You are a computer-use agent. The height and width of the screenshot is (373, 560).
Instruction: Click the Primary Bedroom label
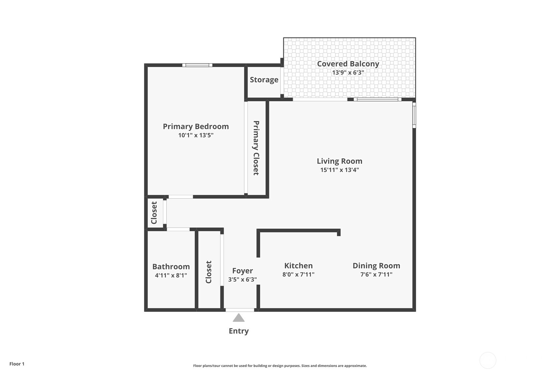point(196,126)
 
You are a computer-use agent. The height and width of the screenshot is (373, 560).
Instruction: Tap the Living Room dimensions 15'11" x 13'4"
point(339,170)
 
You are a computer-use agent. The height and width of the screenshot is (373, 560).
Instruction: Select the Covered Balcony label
point(348,64)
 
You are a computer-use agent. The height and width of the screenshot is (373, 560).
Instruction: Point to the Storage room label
point(264,79)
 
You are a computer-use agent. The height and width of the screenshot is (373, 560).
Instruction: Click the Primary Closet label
point(256,148)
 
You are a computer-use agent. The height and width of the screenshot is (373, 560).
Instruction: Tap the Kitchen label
point(298,265)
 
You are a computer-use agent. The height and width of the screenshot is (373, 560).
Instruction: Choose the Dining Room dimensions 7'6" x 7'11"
point(376,274)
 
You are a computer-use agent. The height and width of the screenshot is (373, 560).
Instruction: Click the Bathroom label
point(171,266)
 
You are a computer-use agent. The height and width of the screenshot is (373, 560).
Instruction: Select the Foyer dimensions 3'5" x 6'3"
point(242,279)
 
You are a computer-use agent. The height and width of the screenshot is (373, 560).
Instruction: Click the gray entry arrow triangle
point(239,318)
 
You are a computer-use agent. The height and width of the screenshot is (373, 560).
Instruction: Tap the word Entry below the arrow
point(239,331)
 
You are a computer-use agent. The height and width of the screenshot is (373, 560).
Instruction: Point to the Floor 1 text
point(17,364)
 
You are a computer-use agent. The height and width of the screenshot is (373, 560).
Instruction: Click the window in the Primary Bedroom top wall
point(197,65)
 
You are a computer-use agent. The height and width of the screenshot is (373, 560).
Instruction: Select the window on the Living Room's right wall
point(414,115)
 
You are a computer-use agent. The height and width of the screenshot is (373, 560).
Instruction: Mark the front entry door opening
point(240,310)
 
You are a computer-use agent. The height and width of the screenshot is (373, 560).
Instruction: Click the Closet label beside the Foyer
point(209,272)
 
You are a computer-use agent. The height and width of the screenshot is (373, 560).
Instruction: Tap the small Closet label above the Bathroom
point(154,213)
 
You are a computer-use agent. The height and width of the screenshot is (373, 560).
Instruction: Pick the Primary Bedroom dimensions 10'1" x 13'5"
point(196,135)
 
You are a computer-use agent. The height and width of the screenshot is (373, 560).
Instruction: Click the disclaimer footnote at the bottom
point(280,365)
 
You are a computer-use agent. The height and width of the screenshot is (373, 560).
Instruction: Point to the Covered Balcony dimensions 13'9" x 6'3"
point(348,73)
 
